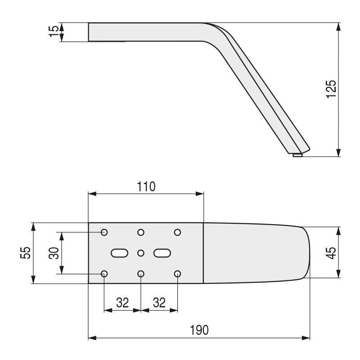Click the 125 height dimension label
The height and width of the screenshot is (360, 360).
331,89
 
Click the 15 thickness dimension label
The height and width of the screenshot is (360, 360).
54,32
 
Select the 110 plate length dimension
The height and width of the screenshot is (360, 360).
146,186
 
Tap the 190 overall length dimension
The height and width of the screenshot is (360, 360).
199,330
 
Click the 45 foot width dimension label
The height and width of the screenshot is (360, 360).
331,252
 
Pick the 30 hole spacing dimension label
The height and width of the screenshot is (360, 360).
54,253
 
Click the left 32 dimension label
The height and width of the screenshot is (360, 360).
122,303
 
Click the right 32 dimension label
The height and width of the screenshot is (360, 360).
159,303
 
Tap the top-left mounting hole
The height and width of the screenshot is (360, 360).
104,232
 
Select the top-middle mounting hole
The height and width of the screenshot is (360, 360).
141,232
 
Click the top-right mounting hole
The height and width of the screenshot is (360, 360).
177,232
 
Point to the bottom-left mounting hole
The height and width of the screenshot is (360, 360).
104,274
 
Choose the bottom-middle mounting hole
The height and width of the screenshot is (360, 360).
141,274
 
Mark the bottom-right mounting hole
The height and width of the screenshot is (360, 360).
177,274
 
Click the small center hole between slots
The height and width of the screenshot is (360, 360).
141,253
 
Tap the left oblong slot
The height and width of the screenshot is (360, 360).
119,253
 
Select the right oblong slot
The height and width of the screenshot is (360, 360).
162,253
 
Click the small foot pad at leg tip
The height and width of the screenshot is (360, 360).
297,155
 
